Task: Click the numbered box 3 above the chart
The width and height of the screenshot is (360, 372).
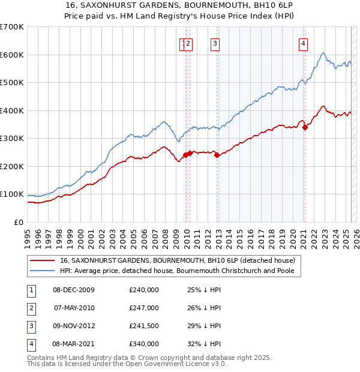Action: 214,43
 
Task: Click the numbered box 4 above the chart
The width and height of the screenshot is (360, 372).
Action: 304,43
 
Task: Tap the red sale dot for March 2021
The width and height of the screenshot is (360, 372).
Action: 305,127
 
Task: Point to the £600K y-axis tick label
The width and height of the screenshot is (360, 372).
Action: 12,55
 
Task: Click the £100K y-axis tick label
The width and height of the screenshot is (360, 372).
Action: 12,194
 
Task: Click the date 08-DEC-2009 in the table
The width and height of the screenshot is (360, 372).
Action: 74,290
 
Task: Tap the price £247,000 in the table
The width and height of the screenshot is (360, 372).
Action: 144,308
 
